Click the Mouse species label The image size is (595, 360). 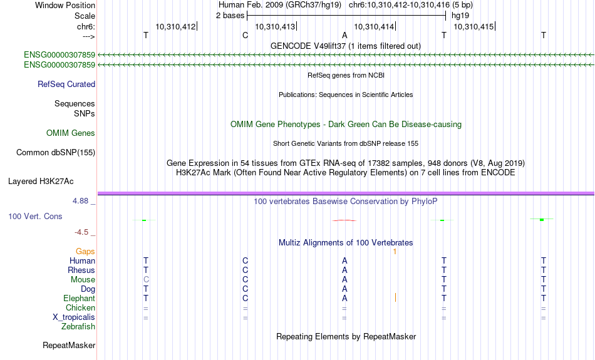point(83,280)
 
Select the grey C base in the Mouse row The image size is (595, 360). point(146,280)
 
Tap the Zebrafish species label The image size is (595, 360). point(78,327)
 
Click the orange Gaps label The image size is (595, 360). point(85,252)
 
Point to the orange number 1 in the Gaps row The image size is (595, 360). point(395,252)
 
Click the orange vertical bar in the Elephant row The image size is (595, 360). point(395,297)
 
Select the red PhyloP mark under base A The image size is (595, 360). point(344,220)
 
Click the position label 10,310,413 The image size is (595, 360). point(275,26)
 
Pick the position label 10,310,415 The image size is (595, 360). point(473,26)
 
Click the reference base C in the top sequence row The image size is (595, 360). point(245,35)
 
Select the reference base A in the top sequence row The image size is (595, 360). point(344,35)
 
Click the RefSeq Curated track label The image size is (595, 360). point(66,85)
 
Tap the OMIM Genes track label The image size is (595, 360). point(71,133)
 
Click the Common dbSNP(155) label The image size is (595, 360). point(56,153)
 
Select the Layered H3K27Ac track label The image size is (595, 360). point(41,182)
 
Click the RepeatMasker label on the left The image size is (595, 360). point(69,345)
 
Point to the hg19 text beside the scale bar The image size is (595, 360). point(460,16)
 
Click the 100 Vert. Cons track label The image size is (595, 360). point(35,216)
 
